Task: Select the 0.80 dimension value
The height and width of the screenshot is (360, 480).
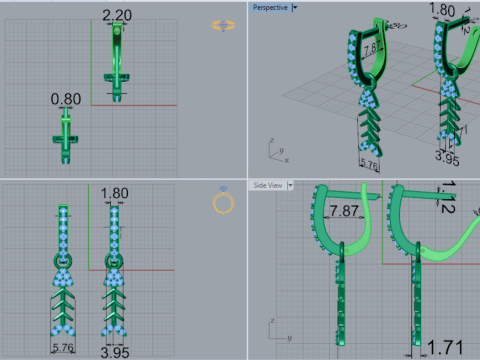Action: tap(66, 99)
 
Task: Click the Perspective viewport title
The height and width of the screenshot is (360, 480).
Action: tap(270, 7)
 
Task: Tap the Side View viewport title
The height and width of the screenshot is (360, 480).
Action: tap(268, 185)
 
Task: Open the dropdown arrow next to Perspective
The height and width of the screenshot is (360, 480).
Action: tap(294, 7)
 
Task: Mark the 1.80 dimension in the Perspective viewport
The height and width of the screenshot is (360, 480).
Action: tap(442, 11)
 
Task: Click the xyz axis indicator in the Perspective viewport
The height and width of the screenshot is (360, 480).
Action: tap(276, 153)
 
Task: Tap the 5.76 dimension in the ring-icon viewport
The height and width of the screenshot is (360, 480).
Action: tap(64, 347)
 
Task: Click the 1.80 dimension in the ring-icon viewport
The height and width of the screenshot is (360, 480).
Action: tap(115, 193)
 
